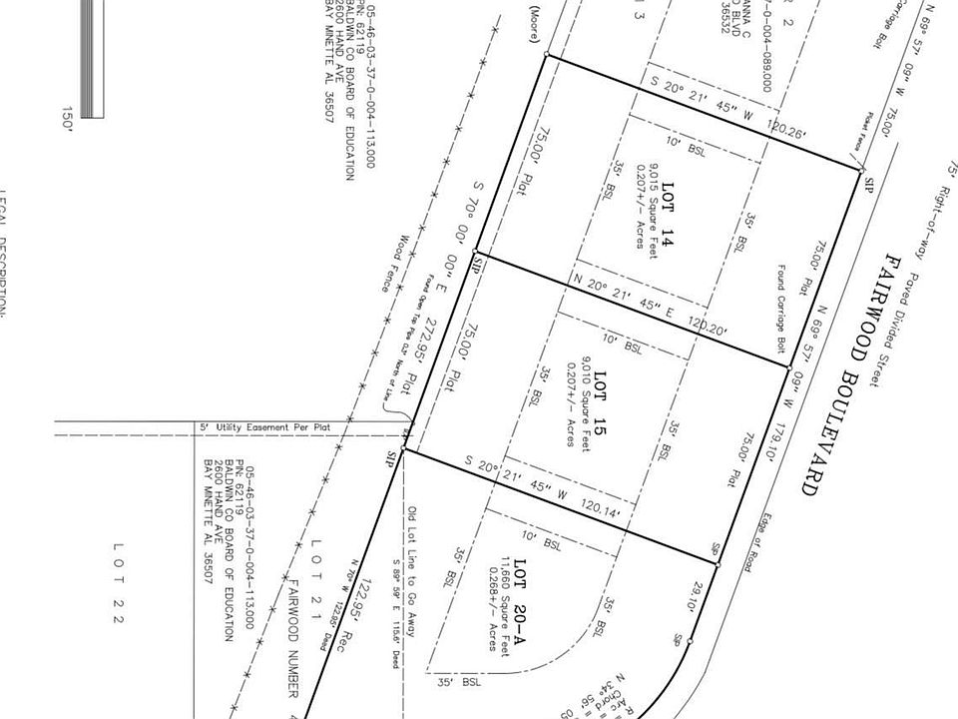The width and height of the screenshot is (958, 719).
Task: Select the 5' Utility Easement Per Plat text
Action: (x=269, y=427)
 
